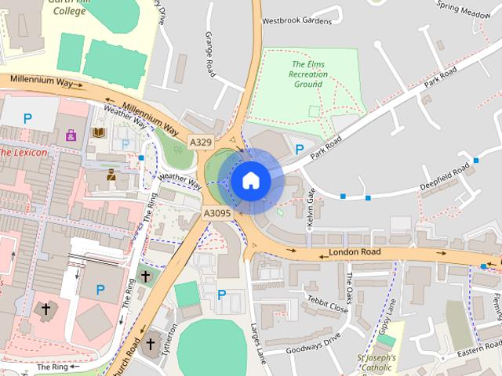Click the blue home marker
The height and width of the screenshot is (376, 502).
[x=250, y=181]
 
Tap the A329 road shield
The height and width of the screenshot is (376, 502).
[x=201, y=142]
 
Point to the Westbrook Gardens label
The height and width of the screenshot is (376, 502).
[x=297, y=20]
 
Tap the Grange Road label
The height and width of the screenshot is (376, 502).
[x=210, y=54]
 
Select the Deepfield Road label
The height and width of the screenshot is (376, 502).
[x=445, y=177]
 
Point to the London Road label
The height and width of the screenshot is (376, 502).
[x=355, y=252]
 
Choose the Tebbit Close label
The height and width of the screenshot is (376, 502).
[x=327, y=304]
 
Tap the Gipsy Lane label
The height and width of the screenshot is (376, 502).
[x=387, y=318]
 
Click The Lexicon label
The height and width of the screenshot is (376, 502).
[x=24, y=152]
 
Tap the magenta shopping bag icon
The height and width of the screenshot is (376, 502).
[x=71, y=135]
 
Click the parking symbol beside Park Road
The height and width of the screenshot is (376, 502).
[x=299, y=149]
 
